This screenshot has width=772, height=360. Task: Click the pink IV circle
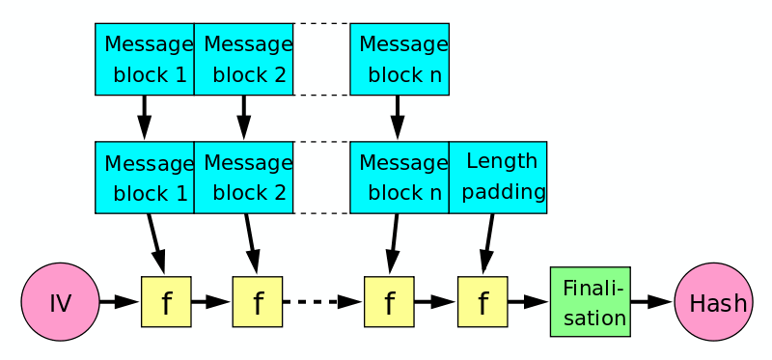(60, 302)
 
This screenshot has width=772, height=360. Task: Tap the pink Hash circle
(713, 302)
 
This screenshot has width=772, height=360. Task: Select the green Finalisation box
(590, 302)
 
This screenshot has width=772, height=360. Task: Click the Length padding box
(497, 178)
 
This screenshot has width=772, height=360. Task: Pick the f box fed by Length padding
(482, 302)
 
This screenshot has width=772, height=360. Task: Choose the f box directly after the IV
(166, 302)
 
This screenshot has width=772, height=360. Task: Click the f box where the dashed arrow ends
(389, 302)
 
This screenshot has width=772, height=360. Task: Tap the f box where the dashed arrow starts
(257, 302)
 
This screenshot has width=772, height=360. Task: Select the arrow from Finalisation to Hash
(652, 302)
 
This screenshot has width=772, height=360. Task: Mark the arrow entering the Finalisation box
(528, 302)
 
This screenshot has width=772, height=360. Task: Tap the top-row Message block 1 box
(145, 59)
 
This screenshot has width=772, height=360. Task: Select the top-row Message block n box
(399, 59)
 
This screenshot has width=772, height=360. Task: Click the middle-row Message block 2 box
(243, 178)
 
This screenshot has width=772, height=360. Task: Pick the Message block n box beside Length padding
(399, 178)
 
